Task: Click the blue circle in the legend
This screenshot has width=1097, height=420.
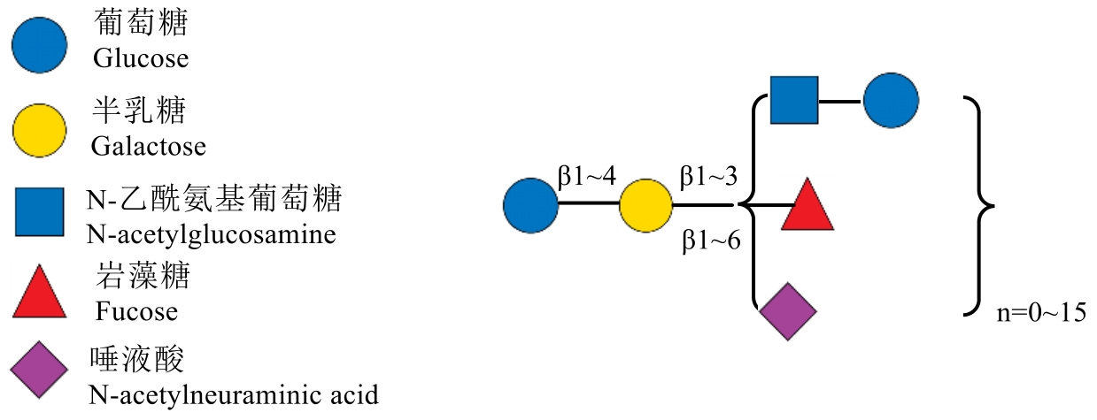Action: click(x=39, y=45)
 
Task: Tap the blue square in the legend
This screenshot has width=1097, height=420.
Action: click(x=39, y=212)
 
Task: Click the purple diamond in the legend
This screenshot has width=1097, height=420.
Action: click(x=39, y=372)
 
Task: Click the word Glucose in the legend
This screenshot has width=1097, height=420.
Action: click(x=141, y=59)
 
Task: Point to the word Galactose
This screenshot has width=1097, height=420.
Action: click(x=149, y=145)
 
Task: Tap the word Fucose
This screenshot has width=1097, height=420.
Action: click(x=136, y=311)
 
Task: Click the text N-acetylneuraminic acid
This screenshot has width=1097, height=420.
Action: click(x=234, y=393)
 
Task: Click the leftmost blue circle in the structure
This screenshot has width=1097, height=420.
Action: click(x=530, y=205)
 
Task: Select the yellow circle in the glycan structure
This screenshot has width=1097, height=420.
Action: click(x=645, y=205)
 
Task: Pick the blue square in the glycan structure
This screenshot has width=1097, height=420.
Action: click(x=792, y=100)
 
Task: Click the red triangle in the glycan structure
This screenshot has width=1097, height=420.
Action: click(x=807, y=208)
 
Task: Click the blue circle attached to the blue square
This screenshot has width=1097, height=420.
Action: click(x=890, y=100)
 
